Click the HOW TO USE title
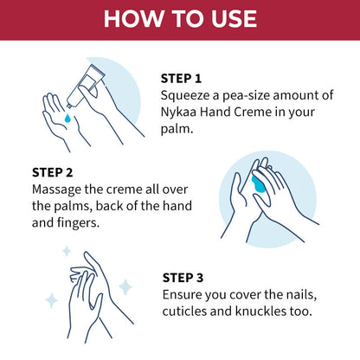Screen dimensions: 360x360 (x=180, y=19)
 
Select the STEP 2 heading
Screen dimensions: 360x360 (x=53, y=172)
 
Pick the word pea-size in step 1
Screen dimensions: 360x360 (x=247, y=94)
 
